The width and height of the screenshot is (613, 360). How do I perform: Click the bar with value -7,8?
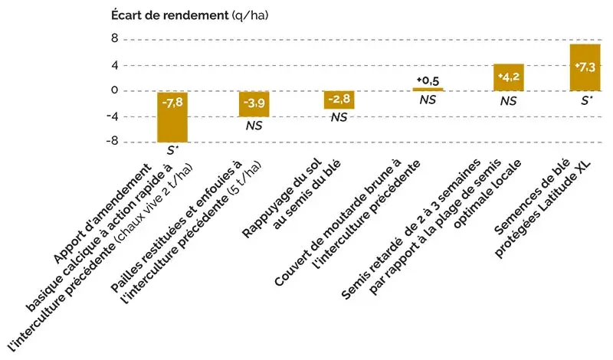pyautogui.click(x=172, y=116)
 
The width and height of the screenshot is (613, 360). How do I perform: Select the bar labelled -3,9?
pyautogui.click(x=255, y=103)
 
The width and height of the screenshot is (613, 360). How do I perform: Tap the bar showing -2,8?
pyautogui.click(x=339, y=100)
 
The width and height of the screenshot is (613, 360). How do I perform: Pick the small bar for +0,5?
pyautogui.click(x=428, y=90)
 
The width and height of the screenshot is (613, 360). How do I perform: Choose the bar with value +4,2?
pyautogui.click(x=508, y=77)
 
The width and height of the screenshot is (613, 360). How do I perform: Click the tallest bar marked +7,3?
pyautogui.click(x=585, y=67)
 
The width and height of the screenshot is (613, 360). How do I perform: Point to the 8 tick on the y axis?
pyautogui.click(x=113, y=38)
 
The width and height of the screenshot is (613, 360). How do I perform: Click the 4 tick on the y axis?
pyautogui.click(x=113, y=64)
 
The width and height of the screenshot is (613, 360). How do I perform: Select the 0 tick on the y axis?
pyautogui.click(x=113, y=90)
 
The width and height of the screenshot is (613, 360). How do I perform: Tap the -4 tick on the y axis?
pyautogui.click(x=110, y=116)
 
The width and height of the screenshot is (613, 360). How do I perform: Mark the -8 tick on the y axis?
pyautogui.click(x=110, y=142)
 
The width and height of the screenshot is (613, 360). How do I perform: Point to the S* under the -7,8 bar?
pyautogui.click(x=173, y=150)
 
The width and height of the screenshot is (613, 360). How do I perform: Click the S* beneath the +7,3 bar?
pyautogui.click(x=587, y=100)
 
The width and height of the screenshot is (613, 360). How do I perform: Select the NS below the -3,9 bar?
pyautogui.click(x=255, y=126)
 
